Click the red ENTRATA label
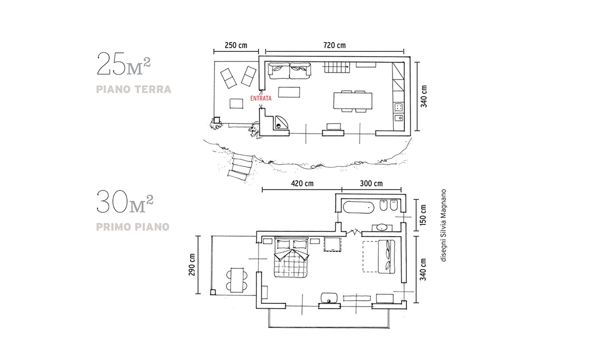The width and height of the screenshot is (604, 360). coord(261,98)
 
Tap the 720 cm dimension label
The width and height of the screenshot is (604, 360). coord(334,46)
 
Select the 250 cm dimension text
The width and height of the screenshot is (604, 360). coord(236,46)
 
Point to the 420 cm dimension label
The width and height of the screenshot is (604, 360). coord(302,184)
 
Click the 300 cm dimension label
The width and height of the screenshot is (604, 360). coord(371,184)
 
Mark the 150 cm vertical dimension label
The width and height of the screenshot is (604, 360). coord(423,215)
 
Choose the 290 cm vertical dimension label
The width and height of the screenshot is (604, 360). coord(192,265)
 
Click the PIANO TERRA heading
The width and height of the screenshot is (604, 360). coord(134,89)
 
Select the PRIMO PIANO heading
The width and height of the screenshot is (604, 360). coord(133,227)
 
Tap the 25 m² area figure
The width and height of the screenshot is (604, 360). coord(123,64)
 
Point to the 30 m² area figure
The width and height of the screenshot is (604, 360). coord(125,202)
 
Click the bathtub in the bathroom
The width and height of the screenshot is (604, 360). coord(358,208)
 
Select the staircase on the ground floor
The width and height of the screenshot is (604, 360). coord(336,68)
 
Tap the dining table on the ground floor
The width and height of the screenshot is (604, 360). coord(353,101)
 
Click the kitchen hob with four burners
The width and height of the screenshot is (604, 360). coord(398,107)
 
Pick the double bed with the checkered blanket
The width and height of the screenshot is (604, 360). coord(291,258)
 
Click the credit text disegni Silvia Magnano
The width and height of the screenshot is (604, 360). coord(443,225)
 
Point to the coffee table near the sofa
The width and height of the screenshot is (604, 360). coord(289,93)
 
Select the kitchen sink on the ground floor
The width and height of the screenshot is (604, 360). coord(398,118)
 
